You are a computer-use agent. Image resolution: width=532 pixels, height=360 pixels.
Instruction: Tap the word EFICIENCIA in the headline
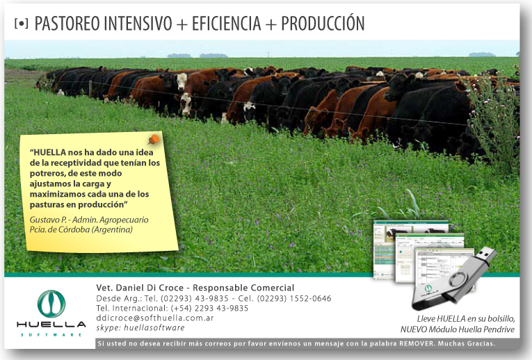[x=227, y=24]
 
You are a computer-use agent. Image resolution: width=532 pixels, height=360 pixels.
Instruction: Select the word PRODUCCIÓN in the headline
[x=323, y=23]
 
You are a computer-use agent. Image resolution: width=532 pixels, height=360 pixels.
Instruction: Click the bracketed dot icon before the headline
[x=22, y=24]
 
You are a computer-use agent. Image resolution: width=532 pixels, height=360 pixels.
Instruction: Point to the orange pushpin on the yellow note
[x=154, y=140]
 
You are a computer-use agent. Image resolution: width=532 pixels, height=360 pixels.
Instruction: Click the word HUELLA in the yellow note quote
[x=49, y=152]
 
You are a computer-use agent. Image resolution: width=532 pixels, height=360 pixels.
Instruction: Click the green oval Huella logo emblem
[x=51, y=304]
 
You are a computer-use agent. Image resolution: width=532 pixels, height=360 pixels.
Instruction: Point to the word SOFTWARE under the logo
[x=51, y=334]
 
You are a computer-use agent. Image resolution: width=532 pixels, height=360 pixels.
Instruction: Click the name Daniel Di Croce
[x=150, y=288]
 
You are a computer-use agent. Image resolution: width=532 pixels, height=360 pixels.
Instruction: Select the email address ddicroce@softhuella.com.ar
[x=155, y=318]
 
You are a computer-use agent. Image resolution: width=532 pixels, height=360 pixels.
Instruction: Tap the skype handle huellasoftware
[x=154, y=328]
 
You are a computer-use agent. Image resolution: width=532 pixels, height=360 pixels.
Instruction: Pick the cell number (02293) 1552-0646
[x=294, y=298]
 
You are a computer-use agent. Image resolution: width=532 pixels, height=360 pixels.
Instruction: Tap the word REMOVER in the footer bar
[x=417, y=343]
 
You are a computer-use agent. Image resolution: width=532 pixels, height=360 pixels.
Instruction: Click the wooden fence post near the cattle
[x=90, y=89]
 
